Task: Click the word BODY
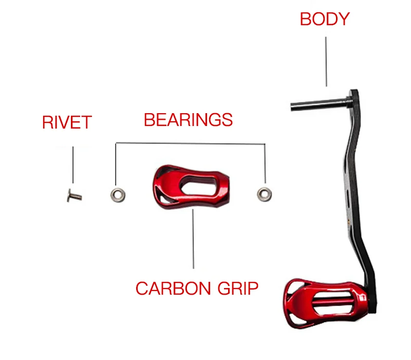click(x=324, y=19)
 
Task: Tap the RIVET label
click(x=67, y=123)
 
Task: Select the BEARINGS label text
click(x=188, y=120)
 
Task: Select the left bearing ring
click(x=117, y=194)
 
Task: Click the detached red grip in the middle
click(x=190, y=188)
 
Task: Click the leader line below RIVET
click(x=73, y=165)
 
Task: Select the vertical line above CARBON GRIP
click(x=194, y=239)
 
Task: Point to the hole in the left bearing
click(x=117, y=194)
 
